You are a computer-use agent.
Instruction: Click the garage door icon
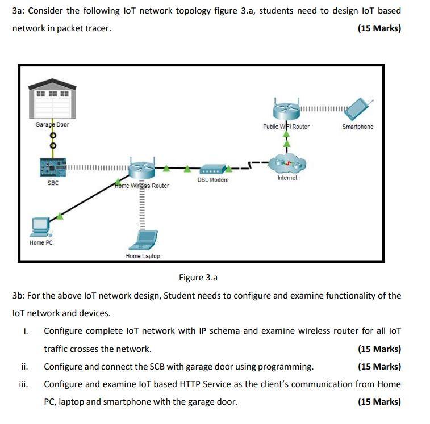(52, 99)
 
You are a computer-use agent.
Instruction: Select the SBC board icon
(53, 167)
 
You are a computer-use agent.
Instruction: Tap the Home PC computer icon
(41, 226)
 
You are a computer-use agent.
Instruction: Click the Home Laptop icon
(143, 241)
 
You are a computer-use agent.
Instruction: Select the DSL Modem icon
(213, 169)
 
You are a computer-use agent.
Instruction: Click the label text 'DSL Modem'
(213, 180)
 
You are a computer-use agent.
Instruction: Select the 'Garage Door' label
(52, 124)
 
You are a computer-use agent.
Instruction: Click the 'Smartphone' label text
(358, 127)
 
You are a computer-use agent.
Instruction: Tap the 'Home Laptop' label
(143, 256)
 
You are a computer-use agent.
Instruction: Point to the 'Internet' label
(287, 178)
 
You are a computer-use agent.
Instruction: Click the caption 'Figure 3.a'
(198, 278)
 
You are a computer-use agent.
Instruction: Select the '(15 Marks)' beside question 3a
(379, 28)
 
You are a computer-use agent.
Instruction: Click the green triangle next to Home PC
(60, 216)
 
